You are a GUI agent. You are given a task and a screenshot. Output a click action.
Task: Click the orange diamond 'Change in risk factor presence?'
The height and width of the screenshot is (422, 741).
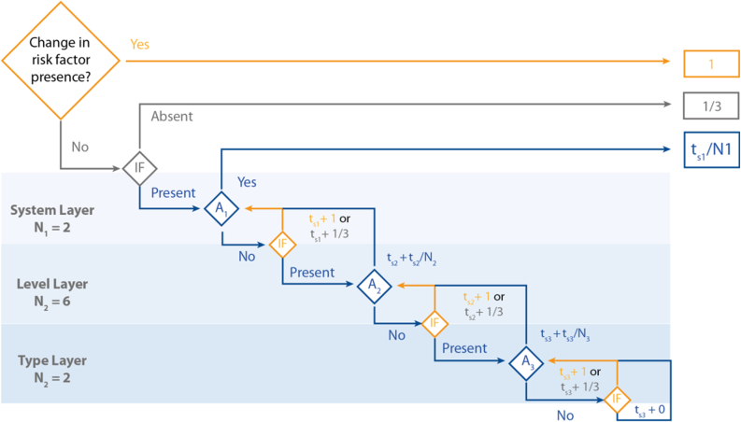pos(61,61)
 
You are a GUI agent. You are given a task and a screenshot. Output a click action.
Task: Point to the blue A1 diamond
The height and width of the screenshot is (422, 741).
pos(221,209)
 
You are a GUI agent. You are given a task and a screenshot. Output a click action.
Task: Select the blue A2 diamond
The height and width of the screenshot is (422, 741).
pos(374,285)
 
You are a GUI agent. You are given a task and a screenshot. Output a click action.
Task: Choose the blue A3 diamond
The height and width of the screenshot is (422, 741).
pos(527,362)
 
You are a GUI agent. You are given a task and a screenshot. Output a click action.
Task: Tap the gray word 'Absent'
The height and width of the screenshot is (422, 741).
pos(172,117)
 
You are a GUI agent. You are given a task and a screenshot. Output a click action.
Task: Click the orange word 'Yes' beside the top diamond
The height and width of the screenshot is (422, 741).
pos(139,44)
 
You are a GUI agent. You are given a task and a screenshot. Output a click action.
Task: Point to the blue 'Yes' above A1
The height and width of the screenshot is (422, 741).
pos(248,182)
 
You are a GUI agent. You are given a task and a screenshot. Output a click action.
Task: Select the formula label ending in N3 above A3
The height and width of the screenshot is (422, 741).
pos(564,335)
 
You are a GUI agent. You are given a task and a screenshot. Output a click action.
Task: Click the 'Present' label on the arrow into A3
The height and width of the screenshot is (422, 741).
pos(463,348)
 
